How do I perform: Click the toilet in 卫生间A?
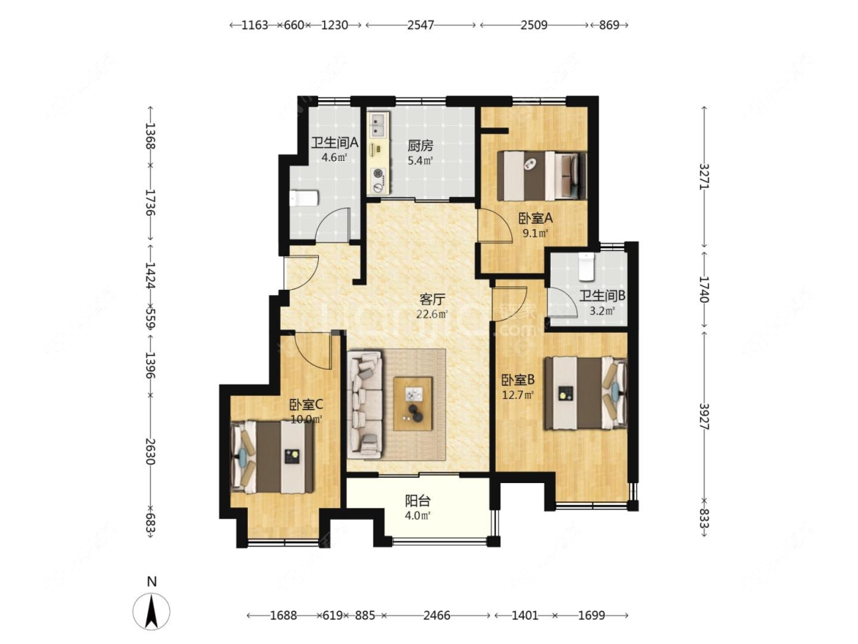point(304,198)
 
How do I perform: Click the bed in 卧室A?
point(541,175)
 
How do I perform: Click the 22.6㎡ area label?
point(432,314)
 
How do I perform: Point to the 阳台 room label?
point(417,501)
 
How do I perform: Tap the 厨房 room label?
point(420,146)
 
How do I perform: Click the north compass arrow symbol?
point(152,610)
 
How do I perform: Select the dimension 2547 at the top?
point(420,24)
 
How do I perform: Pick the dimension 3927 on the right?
point(704,417)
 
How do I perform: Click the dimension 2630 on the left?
point(150,451)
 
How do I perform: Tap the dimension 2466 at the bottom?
point(437,616)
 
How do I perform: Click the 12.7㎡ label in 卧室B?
point(518,394)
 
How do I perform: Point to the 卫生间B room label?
point(603,296)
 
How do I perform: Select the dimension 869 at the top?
point(609,24)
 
